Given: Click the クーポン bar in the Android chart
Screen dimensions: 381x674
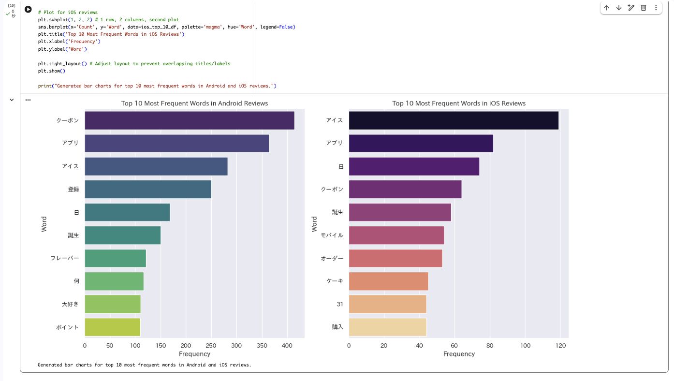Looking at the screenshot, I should click(x=190, y=120).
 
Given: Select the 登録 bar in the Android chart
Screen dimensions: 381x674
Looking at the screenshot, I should click(x=148, y=189).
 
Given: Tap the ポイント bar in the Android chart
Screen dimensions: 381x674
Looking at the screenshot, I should click(x=113, y=327).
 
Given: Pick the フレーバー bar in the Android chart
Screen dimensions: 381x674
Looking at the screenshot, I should click(x=116, y=258).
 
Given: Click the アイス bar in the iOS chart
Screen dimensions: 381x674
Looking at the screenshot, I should click(x=454, y=120).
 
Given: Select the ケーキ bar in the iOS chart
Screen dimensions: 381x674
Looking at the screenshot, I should click(x=389, y=281).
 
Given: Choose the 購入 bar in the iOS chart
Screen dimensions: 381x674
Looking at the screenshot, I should click(x=388, y=327).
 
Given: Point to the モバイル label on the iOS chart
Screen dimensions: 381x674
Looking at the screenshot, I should click(x=332, y=235).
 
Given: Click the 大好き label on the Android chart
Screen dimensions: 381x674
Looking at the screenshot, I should click(x=70, y=305).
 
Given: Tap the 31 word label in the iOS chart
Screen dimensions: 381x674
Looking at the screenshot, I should click(x=340, y=305).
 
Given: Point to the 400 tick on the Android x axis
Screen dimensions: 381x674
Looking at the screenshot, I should click(x=287, y=346).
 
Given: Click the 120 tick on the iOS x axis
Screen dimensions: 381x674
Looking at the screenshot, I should click(x=560, y=346).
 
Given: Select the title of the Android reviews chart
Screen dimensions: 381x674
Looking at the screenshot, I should click(x=194, y=103).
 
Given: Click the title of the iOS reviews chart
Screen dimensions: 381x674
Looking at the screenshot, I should click(x=459, y=103).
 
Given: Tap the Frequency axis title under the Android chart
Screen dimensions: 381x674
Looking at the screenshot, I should click(x=194, y=354).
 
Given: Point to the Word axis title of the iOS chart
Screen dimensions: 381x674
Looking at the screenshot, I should click(x=314, y=224).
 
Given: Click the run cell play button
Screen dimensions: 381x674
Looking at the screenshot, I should click(x=28, y=9).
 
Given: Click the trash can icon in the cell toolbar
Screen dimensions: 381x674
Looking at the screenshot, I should click(x=644, y=8).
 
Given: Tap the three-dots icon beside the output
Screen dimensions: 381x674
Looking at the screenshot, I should click(x=28, y=100).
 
